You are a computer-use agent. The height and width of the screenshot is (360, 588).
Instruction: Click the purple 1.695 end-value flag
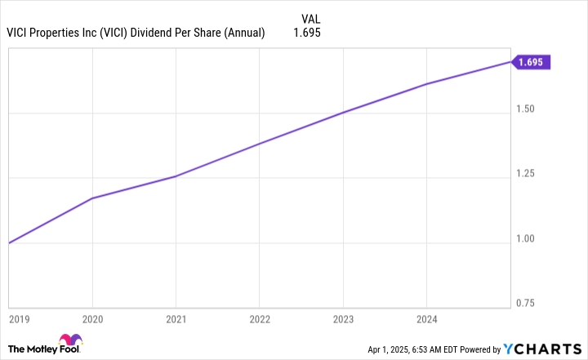click(532, 62)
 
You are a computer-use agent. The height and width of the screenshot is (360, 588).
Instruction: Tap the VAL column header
click(311, 17)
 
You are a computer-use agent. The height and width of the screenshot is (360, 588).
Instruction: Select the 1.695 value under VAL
click(308, 33)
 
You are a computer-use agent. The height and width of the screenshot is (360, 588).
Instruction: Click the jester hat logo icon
click(71, 341)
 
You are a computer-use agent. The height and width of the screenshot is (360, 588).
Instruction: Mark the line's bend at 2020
click(92, 198)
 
